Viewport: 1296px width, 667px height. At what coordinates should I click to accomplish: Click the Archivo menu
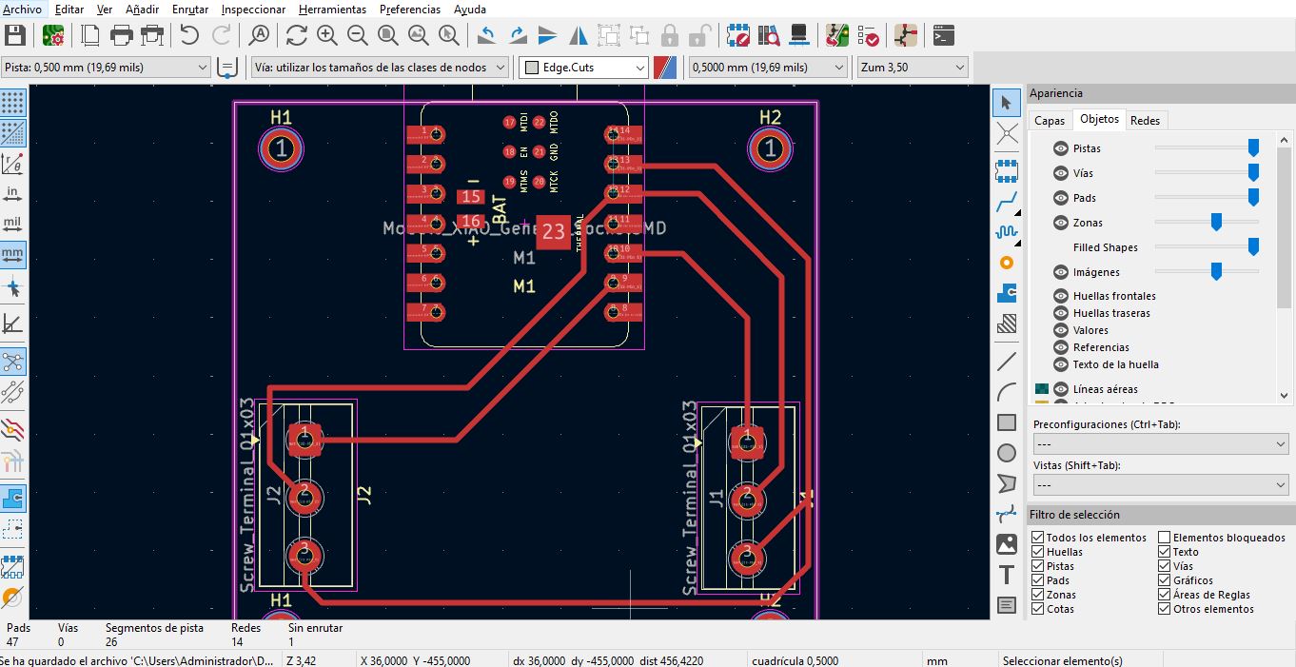click(x=23, y=10)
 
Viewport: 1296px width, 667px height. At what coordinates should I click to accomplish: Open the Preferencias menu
click(x=409, y=10)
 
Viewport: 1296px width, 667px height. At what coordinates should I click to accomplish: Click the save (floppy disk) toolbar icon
click(x=15, y=36)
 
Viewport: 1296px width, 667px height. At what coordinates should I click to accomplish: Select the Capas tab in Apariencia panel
click(x=1050, y=120)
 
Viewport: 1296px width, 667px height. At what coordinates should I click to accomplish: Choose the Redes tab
click(x=1145, y=120)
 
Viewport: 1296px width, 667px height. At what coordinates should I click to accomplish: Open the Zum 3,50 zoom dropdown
click(x=912, y=68)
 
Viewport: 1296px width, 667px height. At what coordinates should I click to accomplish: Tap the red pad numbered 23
click(x=553, y=231)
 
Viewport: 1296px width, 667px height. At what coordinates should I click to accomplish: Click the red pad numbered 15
click(x=470, y=197)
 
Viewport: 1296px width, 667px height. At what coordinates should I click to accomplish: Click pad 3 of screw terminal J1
click(x=747, y=554)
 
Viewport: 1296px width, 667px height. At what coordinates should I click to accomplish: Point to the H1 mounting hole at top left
click(x=281, y=148)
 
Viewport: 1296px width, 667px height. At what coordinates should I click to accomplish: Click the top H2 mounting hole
click(x=770, y=148)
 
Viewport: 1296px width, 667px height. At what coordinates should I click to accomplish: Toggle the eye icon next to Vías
click(x=1061, y=173)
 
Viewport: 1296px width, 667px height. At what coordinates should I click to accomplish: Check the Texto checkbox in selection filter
click(x=1164, y=552)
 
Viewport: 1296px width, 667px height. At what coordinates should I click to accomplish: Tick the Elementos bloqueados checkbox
click(x=1164, y=538)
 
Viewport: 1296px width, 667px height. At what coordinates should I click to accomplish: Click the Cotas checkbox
click(x=1038, y=609)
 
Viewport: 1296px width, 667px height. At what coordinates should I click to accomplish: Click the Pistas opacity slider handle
click(x=1253, y=147)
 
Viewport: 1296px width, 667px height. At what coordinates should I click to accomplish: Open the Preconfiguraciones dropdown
click(x=1160, y=444)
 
